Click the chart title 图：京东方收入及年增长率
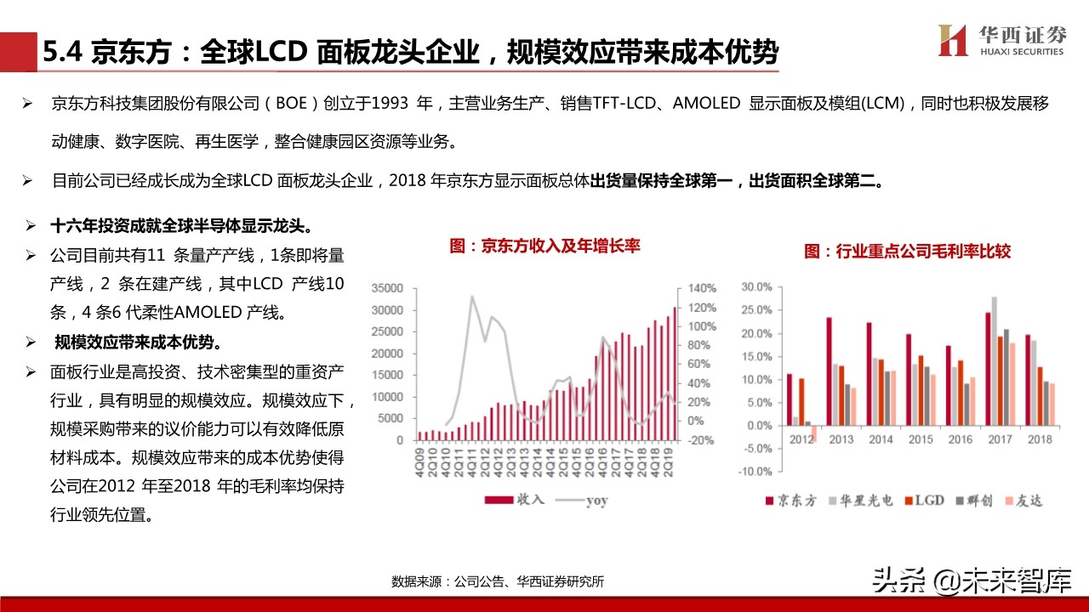(x=544, y=246)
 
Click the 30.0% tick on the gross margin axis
(x=755, y=287)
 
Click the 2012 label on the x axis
(x=801, y=439)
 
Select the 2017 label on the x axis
(x=998, y=439)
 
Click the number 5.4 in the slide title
(x=63, y=53)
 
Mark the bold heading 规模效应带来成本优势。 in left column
(x=138, y=343)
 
